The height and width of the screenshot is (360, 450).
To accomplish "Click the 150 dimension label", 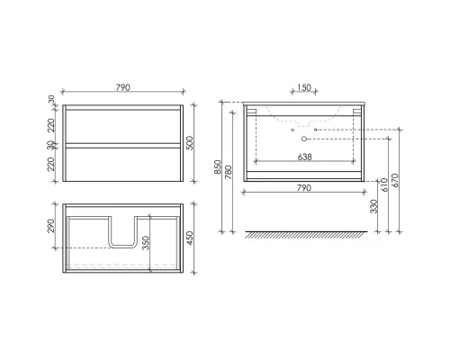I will [302, 89].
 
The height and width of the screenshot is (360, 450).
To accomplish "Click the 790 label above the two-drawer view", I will [123, 88].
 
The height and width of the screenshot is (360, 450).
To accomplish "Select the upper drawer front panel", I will [123, 124].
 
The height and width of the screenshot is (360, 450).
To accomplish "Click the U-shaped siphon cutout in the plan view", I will [123, 231].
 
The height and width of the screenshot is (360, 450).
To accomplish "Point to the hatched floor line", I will [302, 236].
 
